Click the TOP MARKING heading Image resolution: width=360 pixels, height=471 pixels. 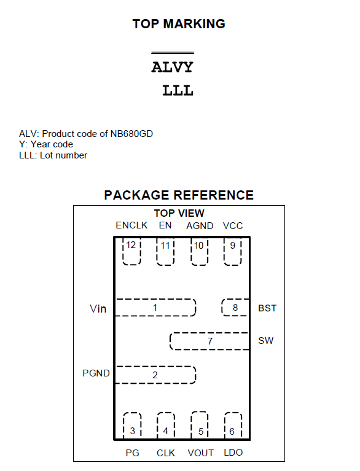tap(179, 24)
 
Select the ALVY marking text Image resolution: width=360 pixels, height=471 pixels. tap(172, 67)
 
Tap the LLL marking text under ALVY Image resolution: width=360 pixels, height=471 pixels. tap(178, 90)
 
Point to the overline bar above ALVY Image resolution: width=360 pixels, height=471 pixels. tap(173, 53)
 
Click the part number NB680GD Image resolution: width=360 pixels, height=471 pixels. tap(131, 134)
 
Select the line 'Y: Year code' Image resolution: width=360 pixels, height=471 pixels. tap(46, 144)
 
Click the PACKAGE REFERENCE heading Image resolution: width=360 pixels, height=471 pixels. tap(179, 195)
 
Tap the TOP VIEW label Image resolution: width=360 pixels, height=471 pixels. tap(179, 213)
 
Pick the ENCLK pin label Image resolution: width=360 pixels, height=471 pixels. tap(131, 225)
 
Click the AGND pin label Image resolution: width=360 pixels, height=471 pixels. tap(200, 226)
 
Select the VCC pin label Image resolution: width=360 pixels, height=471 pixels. tap(233, 226)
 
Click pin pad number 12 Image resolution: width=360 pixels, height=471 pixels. tap(131, 252)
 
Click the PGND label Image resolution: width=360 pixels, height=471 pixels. tap(96, 373)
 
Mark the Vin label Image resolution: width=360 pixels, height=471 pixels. tap(98, 309)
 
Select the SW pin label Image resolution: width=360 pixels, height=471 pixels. tap(266, 341)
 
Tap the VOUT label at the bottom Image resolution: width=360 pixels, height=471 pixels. tap(201, 453)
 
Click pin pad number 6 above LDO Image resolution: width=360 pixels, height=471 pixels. tap(233, 426)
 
